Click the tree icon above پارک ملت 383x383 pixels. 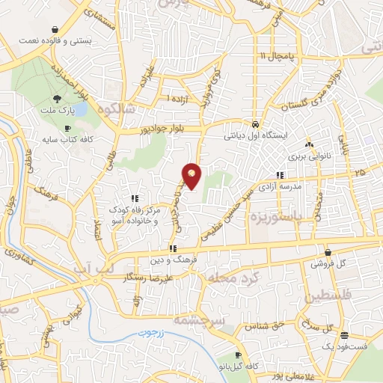(x=57, y=99)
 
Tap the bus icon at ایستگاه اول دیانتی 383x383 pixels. (x=256, y=125)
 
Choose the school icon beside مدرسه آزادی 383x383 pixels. (x=281, y=177)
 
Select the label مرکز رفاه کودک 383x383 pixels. (x=135, y=210)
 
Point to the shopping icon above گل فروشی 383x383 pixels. (x=328, y=252)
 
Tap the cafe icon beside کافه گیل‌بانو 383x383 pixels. (x=237, y=355)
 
